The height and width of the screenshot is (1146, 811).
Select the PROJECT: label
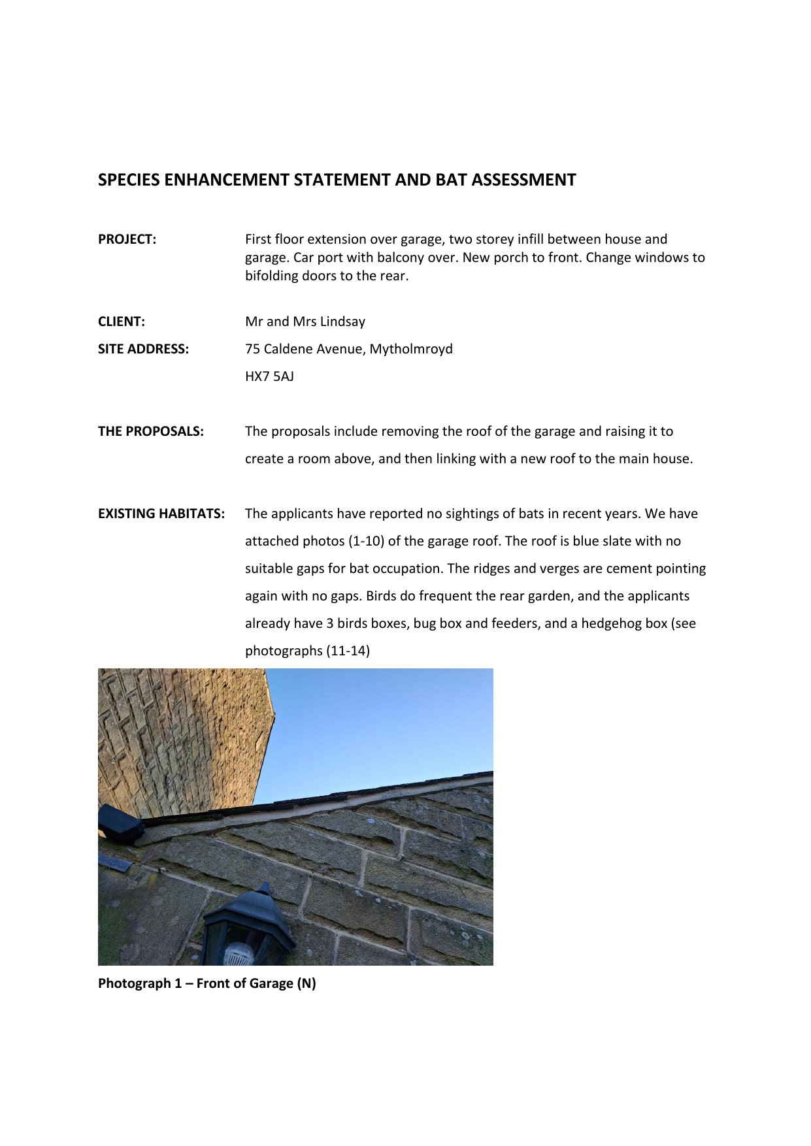[x=127, y=239]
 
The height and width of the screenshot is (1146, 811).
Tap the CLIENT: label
[x=122, y=321]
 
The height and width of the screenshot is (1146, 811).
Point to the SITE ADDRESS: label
[x=143, y=349]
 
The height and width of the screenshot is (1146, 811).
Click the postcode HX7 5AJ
[x=269, y=376]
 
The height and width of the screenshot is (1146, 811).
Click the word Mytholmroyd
[x=411, y=349]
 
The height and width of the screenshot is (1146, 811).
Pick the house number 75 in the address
[x=252, y=349]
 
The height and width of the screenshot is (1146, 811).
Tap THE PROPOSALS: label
[x=150, y=431]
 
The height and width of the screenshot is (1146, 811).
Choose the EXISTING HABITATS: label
[x=161, y=514]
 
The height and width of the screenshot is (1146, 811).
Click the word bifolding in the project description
[x=273, y=276]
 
